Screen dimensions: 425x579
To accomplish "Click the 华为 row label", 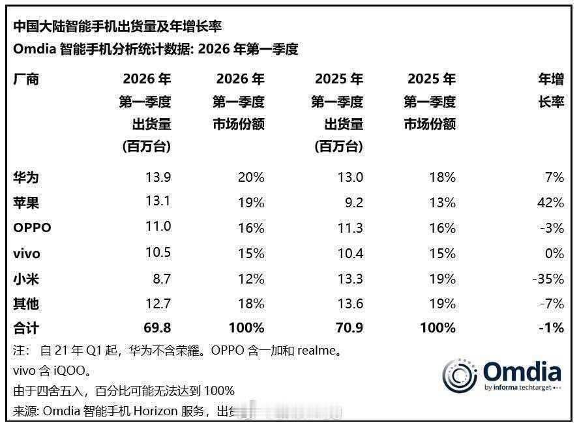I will tap(25, 177).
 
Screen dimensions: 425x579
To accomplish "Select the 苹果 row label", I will tap(25, 203).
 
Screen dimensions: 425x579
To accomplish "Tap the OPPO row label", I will tap(31, 228).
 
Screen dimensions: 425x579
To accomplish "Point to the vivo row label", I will tap(27, 254).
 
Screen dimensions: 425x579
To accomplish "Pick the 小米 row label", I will tap(25, 279).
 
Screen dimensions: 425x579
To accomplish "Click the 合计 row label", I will tap(25, 329).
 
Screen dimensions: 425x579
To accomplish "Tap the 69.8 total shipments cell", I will tap(157, 329).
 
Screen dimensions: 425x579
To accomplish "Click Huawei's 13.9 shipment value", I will tap(158, 177).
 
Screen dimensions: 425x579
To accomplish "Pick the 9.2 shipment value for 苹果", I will tap(353, 203).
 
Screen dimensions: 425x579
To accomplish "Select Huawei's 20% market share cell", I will tap(251, 177).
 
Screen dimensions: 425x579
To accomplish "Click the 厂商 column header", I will tap(25, 80).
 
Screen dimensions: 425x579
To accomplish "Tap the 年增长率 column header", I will tap(550, 91).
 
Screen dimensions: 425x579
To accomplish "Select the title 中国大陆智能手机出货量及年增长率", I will tap(117, 26).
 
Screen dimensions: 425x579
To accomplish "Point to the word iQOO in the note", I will tap(68, 371).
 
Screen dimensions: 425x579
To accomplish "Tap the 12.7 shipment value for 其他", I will tap(158, 304).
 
